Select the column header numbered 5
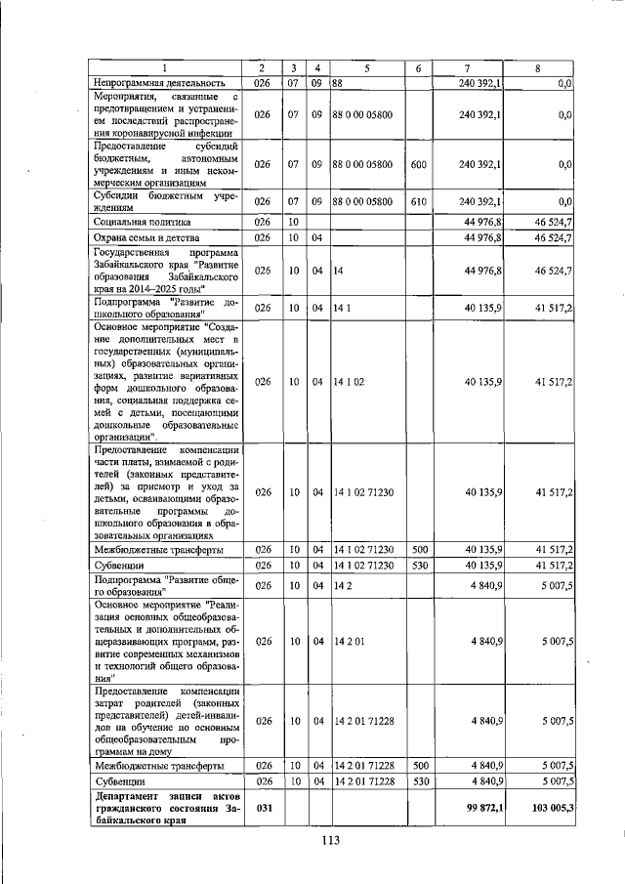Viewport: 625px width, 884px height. tap(366, 67)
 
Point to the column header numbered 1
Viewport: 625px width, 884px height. tap(164, 67)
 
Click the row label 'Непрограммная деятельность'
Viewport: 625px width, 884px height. tap(159, 83)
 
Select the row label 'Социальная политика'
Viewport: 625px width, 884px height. tap(136, 222)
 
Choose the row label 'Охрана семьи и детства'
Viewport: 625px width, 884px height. tap(143, 237)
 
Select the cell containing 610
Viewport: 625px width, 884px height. tap(417, 201)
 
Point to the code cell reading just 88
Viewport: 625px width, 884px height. tap(339, 83)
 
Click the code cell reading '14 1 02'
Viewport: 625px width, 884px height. tap(349, 382)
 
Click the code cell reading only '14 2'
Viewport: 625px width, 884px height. tap(341, 586)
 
